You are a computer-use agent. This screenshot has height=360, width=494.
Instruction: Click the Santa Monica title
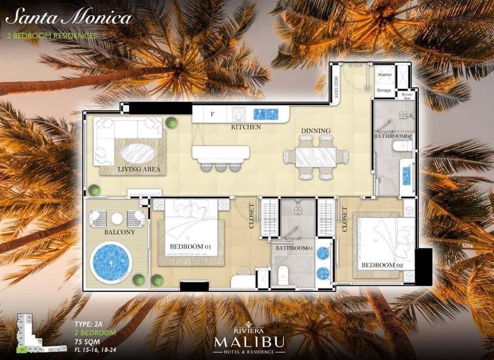click(x=69, y=18)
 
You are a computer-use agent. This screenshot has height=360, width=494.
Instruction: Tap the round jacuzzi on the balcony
click(x=111, y=263)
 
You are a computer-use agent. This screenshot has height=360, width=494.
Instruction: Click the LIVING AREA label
click(x=139, y=169)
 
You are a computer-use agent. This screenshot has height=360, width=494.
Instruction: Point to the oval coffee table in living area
click(x=138, y=154)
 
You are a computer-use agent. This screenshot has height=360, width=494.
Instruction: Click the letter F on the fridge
click(x=212, y=114)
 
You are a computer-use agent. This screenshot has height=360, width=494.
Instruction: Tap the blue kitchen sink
click(x=266, y=114)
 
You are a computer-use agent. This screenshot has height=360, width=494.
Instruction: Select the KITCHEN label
click(x=246, y=127)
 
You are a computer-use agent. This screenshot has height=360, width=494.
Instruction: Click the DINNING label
click(x=316, y=131)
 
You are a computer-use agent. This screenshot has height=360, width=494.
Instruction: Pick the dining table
click(x=316, y=157)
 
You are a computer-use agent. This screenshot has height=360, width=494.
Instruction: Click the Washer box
click(x=385, y=74)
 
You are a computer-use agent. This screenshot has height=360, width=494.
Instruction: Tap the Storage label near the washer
click(x=384, y=90)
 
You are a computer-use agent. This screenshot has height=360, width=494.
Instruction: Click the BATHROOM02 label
click(x=393, y=137)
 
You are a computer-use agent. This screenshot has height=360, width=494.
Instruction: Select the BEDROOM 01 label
click(x=190, y=247)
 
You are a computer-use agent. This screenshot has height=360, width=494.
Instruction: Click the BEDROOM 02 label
click(x=378, y=265)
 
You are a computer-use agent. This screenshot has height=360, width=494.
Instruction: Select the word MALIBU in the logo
click(x=248, y=342)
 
